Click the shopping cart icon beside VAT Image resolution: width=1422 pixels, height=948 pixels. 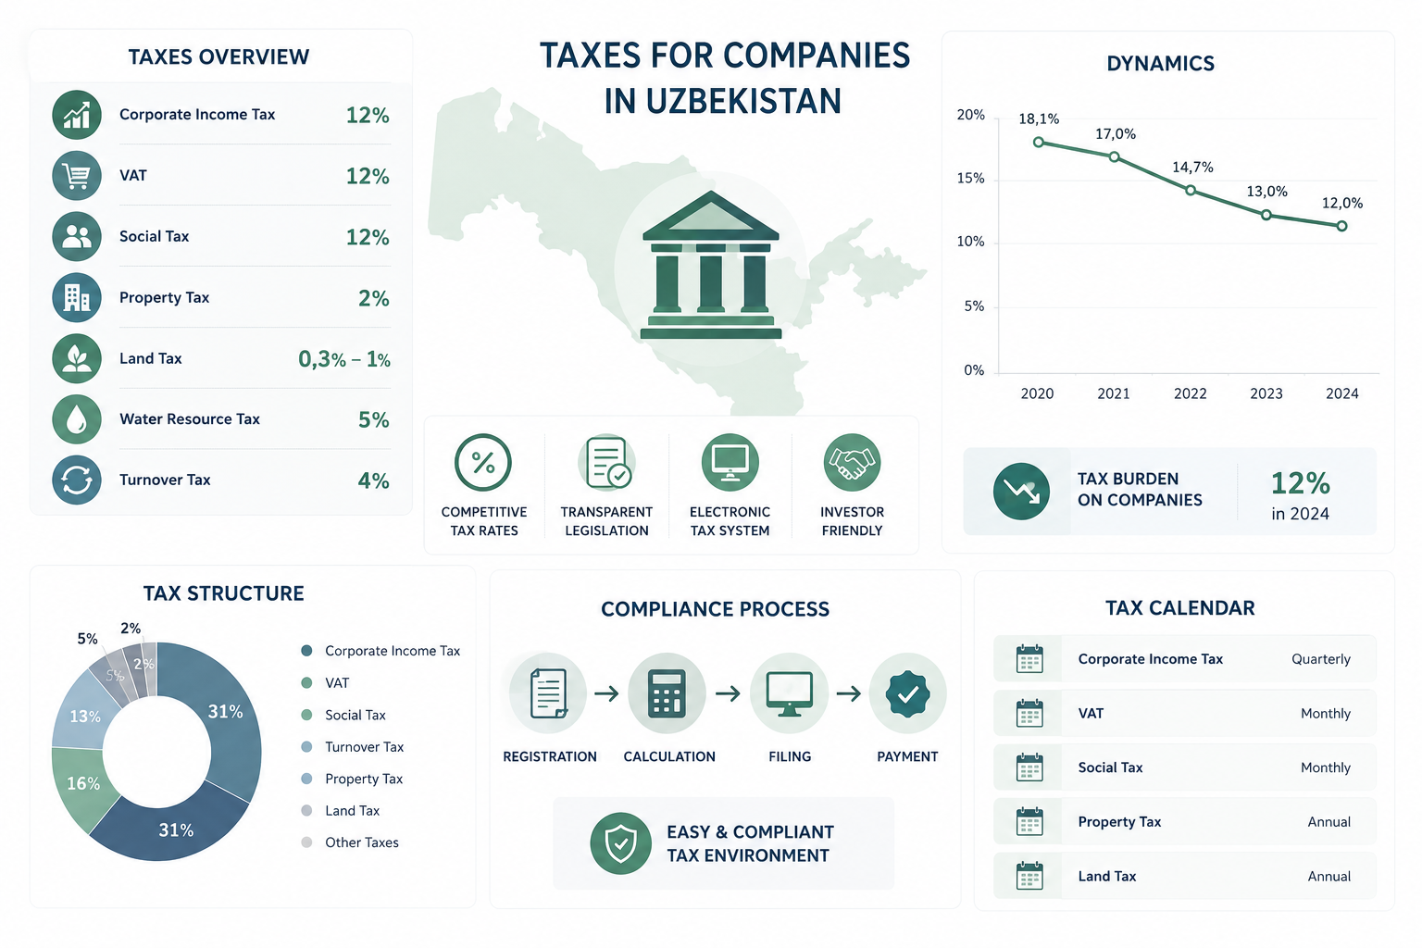tap(77, 176)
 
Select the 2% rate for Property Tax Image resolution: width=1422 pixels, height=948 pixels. tap(373, 298)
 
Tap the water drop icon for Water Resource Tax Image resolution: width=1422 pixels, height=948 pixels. tap(77, 419)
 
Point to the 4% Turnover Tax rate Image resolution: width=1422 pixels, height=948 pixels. tap(373, 480)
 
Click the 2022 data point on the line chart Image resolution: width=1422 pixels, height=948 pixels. tap(1191, 191)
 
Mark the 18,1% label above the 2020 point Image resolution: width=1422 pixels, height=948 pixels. tap(1039, 118)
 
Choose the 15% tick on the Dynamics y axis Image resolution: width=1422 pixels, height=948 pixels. tap(970, 179)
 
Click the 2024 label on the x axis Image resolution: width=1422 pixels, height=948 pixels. tap(1342, 393)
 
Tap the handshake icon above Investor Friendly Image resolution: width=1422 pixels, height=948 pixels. tap(852, 462)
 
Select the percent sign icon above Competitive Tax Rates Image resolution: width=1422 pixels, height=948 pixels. tap(483, 462)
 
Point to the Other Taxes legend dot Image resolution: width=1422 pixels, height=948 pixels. tap(306, 842)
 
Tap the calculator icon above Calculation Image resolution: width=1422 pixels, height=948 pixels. tap(667, 693)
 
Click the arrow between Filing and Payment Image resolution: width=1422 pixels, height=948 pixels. tap(849, 693)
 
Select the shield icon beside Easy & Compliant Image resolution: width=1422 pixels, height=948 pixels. tap(621, 843)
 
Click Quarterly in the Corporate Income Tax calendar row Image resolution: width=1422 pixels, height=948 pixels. tap(1320, 659)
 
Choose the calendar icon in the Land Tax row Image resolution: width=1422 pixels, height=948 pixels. tap(1029, 876)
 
